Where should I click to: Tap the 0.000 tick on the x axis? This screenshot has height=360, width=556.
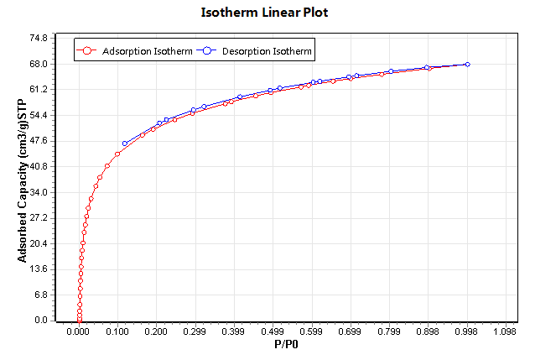tap(79, 331)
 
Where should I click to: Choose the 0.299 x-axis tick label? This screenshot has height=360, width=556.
tap(195, 331)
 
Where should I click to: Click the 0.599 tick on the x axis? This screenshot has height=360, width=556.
tap(311, 331)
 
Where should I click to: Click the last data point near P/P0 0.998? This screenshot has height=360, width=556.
tap(467, 64)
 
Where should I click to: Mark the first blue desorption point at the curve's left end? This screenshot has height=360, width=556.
tap(125, 143)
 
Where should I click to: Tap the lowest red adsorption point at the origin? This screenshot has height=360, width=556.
tap(79, 320)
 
